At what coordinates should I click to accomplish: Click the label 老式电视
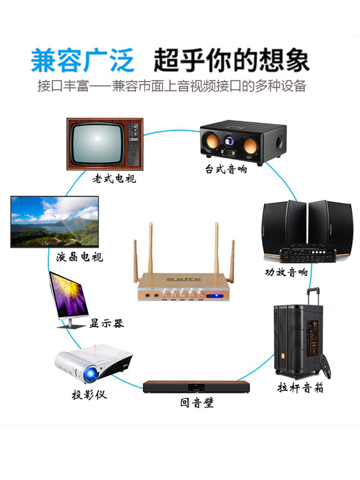(x=114, y=178)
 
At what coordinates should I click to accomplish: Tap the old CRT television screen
(x=96, y=144)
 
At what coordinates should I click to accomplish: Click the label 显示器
(x=106, y=323)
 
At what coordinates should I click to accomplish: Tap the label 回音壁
(x=197, y=403)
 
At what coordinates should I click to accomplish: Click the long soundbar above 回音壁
(x=197, y=387)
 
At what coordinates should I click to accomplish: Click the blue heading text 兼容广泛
(x=83, y=60)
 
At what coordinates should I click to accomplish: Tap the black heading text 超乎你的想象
(x=231, y=60)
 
